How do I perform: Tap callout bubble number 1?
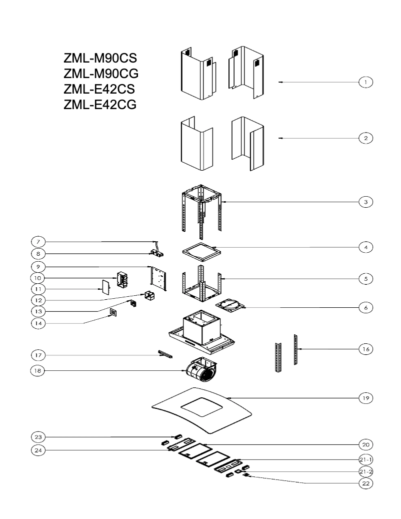(366, 82)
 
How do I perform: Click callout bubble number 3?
(366, 202)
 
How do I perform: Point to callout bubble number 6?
(366, 308)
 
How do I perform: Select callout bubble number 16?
(366, 349)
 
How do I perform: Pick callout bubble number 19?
(366, 398)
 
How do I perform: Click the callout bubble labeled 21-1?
(366, 459)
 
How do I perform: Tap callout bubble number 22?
(366, 483)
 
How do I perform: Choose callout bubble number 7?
(38, 242)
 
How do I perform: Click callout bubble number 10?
(38, 277)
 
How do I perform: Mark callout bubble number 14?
(38, 323)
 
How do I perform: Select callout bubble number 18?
(38, 371)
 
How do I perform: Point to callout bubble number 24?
(38, 450)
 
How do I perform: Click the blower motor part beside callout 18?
(201, 372)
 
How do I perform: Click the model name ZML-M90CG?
(101, 74)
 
